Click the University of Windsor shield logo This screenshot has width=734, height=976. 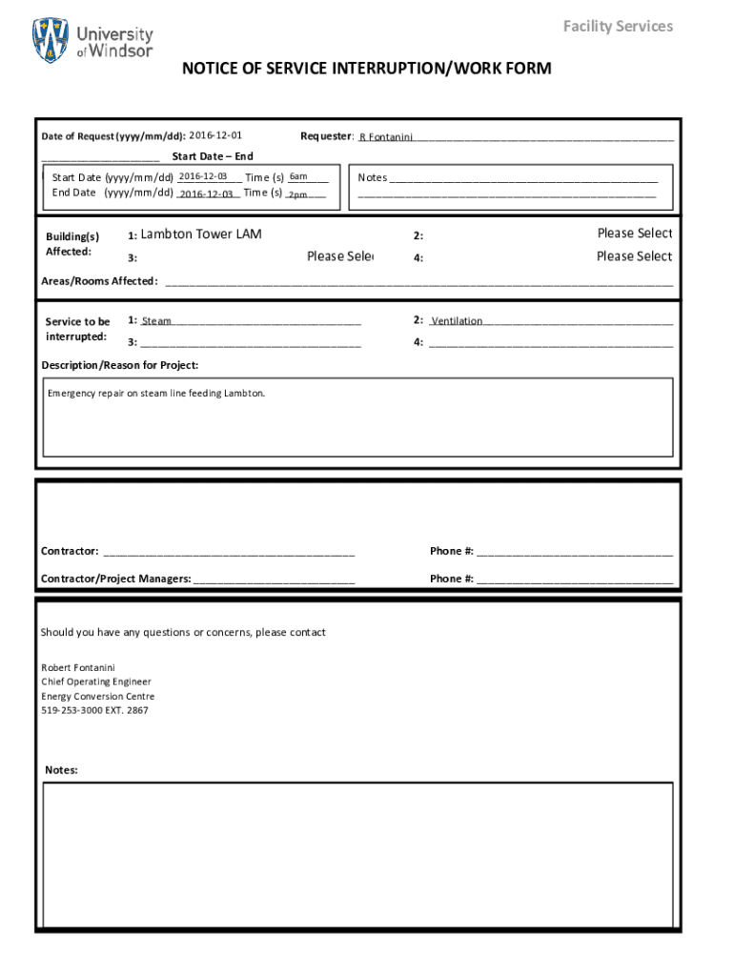click(x=51, y=40)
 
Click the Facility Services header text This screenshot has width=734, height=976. click(x=617, y=26)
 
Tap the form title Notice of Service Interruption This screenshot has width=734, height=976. click(x=367, y=69)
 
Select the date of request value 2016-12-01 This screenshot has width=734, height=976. click(x=216, y=135)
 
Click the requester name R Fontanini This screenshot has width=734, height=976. click(x=385, y=137)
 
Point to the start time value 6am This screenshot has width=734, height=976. click(x=298, y=176)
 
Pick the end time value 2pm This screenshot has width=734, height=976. click(x=297, y=194)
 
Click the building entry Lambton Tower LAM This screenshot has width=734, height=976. click(x=200, y=234)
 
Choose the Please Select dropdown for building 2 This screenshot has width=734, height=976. click(x=634, y=234)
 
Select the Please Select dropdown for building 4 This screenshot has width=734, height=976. click(x=634, y=256)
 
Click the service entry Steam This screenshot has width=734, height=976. click(x=156, y=321)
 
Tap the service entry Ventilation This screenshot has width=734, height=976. click(x=457, y=321)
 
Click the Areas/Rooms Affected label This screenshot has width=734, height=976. click(x=99, y=281)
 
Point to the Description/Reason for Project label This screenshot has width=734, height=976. click(x=120, y=365)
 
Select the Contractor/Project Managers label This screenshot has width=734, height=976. click(x=115, y=579)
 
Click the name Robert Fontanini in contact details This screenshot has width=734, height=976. click(x=77, y=667)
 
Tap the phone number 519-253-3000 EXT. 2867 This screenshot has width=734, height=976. click(x=94, y=710)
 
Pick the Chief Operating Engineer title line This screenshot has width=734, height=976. click(x=95, y=681)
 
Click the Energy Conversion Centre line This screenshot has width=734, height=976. click(x=97, y=696)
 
